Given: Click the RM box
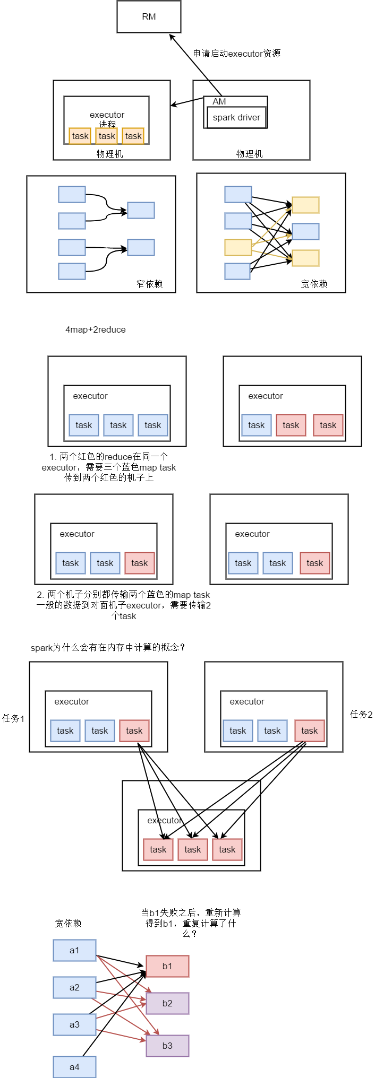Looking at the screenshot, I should coord(149,16).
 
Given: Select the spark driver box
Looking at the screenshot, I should coord(236,117).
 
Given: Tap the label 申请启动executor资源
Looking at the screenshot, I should coord(237,53).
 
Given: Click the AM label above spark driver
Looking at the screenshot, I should coord(219,101).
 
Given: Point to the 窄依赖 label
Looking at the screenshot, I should coord(149,284).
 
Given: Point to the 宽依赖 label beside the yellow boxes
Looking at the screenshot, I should coord(314,284).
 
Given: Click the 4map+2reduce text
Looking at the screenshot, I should coord(96,329).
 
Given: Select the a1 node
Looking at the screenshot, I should coord(74,950).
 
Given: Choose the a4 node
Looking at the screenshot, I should coord(74,1067).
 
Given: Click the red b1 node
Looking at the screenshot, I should coord(167,966).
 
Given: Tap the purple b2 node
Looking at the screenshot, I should coord(167,1003).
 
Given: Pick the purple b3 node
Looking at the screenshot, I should coord(167,1046).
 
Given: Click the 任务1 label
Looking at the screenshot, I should coord(13,718).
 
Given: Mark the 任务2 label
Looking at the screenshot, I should coord(361,714).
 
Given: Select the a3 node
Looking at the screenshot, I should coord(74,1024).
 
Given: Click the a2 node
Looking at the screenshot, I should coord(74,987).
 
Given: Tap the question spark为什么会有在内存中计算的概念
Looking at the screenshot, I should coord(108,647).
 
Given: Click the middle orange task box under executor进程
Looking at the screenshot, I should coord(107,136).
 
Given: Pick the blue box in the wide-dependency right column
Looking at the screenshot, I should coord(305,231).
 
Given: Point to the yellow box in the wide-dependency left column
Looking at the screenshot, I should coord(238,247).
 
